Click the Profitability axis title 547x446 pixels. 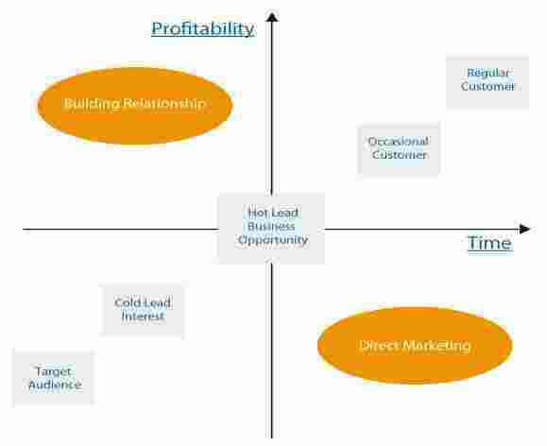202,28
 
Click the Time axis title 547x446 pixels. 489,244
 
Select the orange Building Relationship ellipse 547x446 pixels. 134,105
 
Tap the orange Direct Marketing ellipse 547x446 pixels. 414,346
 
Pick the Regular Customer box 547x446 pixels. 487,80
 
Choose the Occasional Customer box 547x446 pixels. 398,148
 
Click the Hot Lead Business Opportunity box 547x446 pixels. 272,227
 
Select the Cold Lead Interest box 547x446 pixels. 143,309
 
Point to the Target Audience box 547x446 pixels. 54,378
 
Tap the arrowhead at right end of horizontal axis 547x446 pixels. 525,229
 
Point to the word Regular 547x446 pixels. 488,73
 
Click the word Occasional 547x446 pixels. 398,142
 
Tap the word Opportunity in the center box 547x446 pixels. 272,240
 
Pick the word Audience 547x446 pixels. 54,386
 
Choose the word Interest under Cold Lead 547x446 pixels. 143,317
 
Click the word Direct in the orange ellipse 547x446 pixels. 380,346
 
